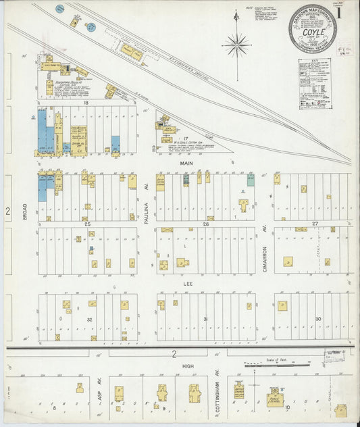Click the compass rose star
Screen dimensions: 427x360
237,45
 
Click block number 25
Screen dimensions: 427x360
88,223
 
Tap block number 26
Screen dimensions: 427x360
205,223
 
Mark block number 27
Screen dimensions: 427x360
315,223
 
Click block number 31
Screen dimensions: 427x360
205,318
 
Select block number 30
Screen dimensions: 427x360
318,318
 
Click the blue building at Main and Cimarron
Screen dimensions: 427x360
251,179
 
